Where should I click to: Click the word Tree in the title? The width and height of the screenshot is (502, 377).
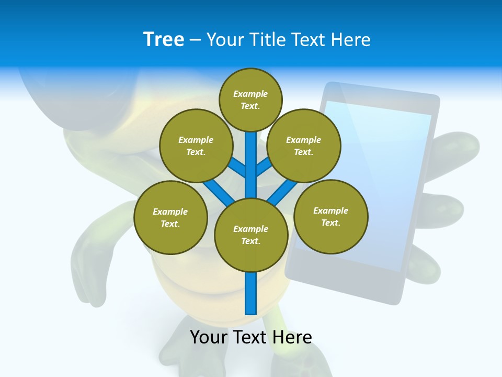(x=164, y=40)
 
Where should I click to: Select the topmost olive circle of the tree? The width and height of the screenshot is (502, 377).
(x=250, y=99)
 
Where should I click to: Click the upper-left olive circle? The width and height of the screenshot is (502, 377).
(x=196, y=146)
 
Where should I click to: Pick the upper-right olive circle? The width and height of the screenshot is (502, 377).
(x=304, y=146)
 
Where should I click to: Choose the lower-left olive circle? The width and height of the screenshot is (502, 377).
(x=170, y=217)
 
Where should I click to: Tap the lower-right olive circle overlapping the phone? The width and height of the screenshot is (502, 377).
(x=330, y=216)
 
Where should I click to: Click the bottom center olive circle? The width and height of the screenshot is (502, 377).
(x=250, y=235)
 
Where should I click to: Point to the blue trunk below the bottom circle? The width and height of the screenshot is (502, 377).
(x=250, y=293)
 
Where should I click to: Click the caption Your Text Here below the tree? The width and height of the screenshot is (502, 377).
(x=250, y=337)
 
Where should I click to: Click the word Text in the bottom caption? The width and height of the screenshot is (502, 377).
(x=251, y=337)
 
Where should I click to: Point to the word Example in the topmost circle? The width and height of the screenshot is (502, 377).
(x=250, y=94)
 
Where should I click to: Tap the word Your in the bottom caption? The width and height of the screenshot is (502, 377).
(x=208, y=337)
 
